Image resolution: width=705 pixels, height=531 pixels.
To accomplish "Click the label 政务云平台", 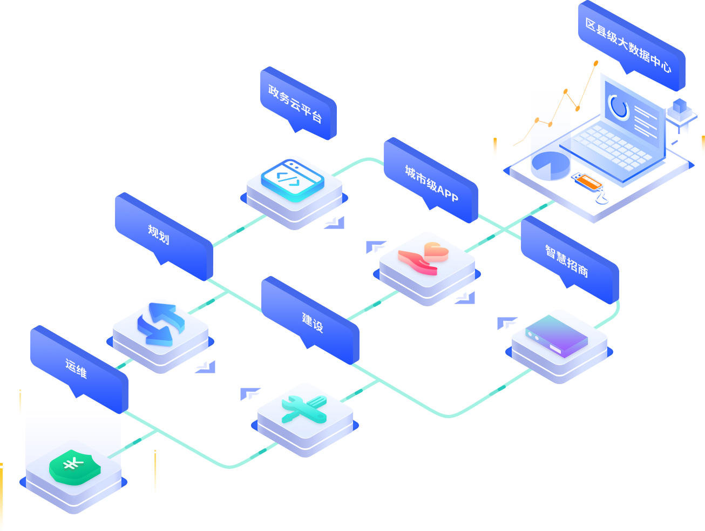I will pyautogui.click(x=295, y=103).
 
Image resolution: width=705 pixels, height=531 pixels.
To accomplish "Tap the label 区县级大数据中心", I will pyautogui.click(x=628, y=45).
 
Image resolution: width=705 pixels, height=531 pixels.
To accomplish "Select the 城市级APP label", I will pyautogui.click(x=431, y=183).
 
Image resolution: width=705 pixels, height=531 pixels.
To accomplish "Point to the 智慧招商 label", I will pyautogui.click(x=566, y=261).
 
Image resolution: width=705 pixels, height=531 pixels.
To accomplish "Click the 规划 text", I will pyautogui.click(x=159, y=234).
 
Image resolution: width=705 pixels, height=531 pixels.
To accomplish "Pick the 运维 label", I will pyautogui.click(x=76, y=368).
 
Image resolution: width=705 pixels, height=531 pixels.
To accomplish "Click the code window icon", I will pyautogui.click(x=293, y=178).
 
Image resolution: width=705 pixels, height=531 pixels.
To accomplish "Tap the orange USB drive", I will pyautogui.click(x=586, y=182).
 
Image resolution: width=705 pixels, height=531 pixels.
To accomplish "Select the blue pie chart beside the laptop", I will pyautogui.click(x=550, y=165).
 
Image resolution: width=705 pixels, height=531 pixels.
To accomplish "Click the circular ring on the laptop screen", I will pyautogui.click(x=618, y=106).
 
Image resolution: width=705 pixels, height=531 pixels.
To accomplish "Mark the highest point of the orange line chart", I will pyautogui.click(x=596, y=63).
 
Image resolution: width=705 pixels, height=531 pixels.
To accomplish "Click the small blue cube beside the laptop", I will pyautogui.click(x=679, y=105).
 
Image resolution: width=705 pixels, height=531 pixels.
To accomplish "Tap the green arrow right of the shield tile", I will pyautogui.click(x=133, y=445).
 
